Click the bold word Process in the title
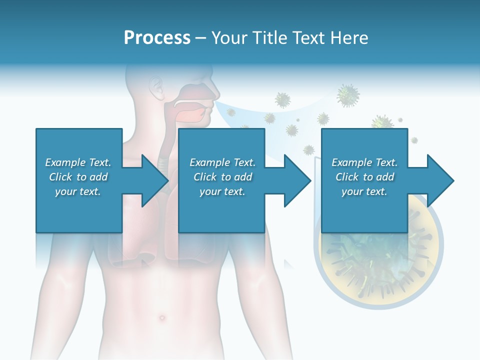point(157,37)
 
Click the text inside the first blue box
point(78,177)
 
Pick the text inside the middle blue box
point(222,177)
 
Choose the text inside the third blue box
point(364,177)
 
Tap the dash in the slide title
point(200,38)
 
